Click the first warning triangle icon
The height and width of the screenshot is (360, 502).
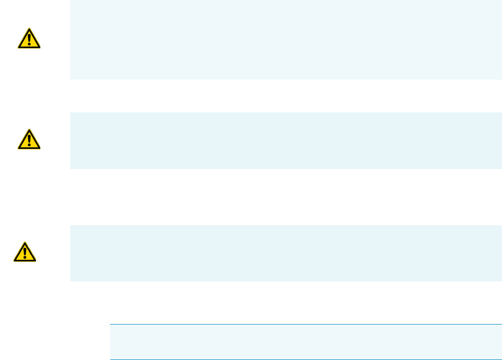point(28,38)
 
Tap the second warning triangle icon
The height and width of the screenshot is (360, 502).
point(28,140)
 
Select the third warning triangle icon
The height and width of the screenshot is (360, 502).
point(25,251)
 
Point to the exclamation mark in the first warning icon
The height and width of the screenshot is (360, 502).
point(28,39)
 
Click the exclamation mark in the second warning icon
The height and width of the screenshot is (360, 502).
point(28,141)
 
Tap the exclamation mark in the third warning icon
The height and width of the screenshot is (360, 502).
point(25,253)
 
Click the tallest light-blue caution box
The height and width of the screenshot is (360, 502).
point(286,39)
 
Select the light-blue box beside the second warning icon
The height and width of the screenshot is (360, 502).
point(286,140)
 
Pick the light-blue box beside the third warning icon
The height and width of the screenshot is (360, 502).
point(286,253)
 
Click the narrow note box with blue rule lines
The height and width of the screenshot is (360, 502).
point(305,342)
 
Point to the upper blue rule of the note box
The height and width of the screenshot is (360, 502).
point(305,325)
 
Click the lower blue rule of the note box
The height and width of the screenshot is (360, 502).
point(305,359)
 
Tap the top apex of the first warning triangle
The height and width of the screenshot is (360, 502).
point(28,28)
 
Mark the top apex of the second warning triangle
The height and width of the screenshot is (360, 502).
point(28,130)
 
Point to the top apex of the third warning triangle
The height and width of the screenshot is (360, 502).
point(25,242)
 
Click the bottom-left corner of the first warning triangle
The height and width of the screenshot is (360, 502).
point(18,47)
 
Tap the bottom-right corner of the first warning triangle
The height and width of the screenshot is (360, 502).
point(39,47)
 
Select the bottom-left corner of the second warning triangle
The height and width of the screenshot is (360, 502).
point(18,149)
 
